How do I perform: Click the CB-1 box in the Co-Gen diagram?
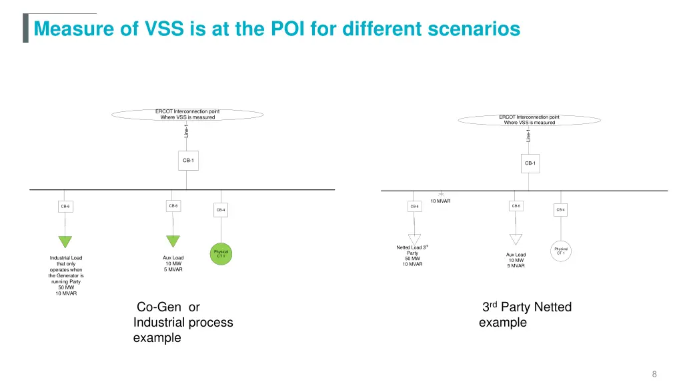188,160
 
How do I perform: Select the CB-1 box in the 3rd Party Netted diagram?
530,163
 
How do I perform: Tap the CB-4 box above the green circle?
221,210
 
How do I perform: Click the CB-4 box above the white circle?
560,210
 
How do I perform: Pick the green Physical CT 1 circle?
221,254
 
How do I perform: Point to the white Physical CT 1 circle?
560,251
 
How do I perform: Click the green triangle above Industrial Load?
65,242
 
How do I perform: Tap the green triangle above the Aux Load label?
173,242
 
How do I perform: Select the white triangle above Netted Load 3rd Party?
415,239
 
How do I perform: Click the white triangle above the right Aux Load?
516,239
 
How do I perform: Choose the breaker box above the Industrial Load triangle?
65,207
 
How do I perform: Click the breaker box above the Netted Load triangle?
414,207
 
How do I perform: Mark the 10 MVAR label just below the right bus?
440,200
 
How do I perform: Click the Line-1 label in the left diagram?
187,130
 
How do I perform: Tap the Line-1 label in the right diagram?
528,135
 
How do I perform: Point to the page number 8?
654,373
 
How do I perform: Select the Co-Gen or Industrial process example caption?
183,323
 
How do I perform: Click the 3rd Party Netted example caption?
526,315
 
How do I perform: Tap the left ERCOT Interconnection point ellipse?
187,114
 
